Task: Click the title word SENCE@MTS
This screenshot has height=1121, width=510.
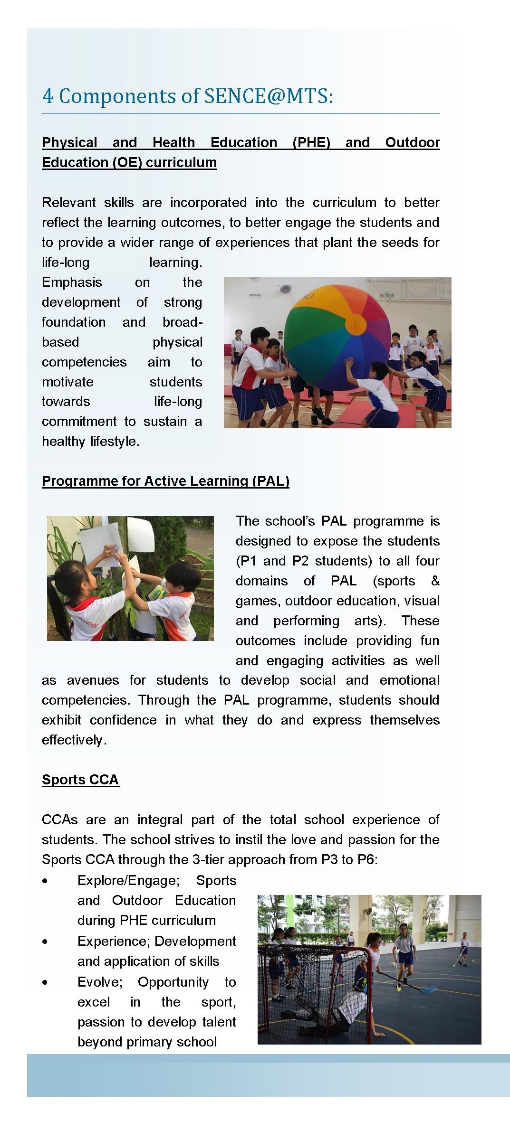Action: pos(268,96)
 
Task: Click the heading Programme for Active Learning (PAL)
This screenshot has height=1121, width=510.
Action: pos(165,481)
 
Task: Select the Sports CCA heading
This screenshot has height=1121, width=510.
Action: pos(80,780)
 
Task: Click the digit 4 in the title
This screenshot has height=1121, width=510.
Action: pos(48,96)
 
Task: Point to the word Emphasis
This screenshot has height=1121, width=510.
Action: pos(72,283)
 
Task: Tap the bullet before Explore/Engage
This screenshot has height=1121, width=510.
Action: pos(45,881)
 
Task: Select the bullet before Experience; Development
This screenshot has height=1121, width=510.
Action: pos(45,942)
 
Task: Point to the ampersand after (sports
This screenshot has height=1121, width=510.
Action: pos(435,581)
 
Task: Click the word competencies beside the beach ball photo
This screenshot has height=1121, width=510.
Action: pos(84,362)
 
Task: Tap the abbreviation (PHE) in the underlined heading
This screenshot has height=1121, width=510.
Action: pos(311,143)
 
